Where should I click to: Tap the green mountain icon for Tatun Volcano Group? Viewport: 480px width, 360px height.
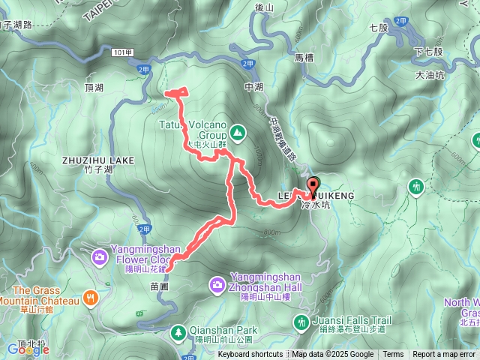pyautogui.click(x=238, y=133)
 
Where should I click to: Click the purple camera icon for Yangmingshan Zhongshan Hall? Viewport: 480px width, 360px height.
pyautogui.click(x=217, y=283)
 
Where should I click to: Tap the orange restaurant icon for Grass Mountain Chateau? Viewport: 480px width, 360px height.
pyautogui.click(x=90, y=297)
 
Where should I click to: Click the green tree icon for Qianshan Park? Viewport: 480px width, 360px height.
pyautogui.click(x=179, y=331)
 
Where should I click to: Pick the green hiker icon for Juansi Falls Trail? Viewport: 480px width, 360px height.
pyautogui.click(x=301, y=322)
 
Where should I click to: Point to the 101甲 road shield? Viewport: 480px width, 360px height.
pyautogui.click(x=124, y=53)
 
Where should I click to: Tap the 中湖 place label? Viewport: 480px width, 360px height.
pyautogui.click(x=253, y=87)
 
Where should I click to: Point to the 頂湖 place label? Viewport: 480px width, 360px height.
pyautogui.click(x=94, y=88)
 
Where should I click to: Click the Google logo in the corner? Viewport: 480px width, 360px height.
pyautogui.click(x=28, y=349)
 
